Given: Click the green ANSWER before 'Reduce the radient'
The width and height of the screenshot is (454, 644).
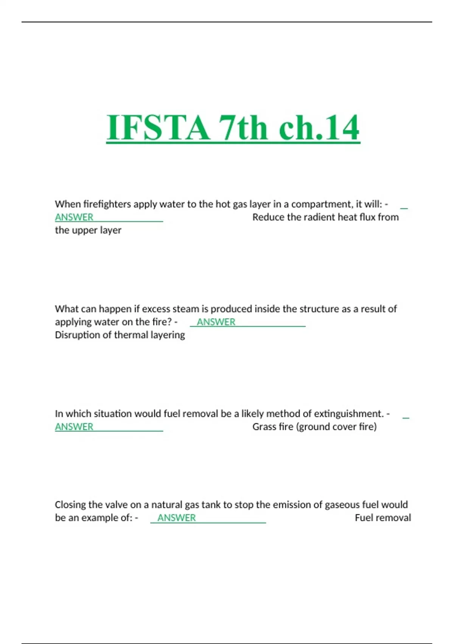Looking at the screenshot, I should click(x=74, y=217).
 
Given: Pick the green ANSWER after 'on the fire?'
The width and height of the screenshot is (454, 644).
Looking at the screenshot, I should click(x=216, y=322).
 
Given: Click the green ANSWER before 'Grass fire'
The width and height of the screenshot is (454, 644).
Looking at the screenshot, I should click(x=74, y=427).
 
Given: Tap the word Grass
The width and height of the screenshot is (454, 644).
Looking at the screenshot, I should click(x=264, y=427).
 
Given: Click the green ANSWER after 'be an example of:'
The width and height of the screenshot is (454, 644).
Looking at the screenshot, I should click(x=177, y=518).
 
